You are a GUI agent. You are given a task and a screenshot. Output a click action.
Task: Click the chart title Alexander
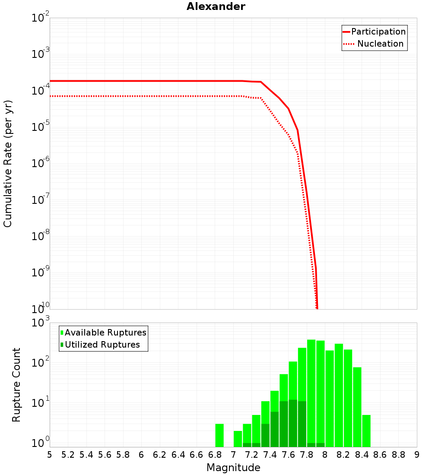click(x=216, y=6)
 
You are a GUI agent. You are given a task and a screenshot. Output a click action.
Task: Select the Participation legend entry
click(x=378, y=32)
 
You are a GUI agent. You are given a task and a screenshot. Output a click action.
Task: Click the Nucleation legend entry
click(x=380, y=44)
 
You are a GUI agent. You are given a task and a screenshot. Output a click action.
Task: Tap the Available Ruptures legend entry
click(x=105, y=332)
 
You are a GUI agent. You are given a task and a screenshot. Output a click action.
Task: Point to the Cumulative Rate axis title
click(x=8, y=163)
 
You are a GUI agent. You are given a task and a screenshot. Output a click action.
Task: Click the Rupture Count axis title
click(x=16, y=384)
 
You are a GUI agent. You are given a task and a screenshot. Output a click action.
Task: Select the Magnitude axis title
click(x=233, y=468)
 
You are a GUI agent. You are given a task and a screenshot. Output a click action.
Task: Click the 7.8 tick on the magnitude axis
click(x=307, y=455)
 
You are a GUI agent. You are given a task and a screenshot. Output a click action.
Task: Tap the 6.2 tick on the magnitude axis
click(x=160, y=455)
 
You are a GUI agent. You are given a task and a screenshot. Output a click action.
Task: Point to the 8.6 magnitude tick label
click(x=380, y=455)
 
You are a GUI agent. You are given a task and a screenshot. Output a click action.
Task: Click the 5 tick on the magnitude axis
click(x=50, y=455)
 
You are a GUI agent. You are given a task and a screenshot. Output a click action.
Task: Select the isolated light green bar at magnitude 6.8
click(x=219, y=435)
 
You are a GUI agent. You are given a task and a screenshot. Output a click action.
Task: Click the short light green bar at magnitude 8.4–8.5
click(x=366, y=431)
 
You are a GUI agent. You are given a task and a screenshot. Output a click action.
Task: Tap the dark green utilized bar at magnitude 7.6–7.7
click(x=293, y=423)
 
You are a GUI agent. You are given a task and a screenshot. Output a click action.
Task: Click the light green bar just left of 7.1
click(x=238, y=439)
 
